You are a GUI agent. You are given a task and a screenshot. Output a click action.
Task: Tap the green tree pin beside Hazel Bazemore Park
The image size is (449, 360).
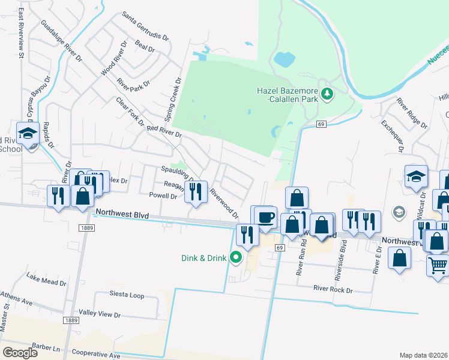pyautogui.click(x=327, y=94)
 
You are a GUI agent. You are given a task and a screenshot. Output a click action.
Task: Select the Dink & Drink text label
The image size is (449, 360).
pyautogui.click(x=204, y=258)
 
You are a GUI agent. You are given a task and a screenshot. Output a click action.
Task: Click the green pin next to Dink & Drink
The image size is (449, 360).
pyautogui.click(x=236, y=258)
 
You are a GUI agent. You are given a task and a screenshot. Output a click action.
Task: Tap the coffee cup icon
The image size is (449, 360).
pyautogui.click(x=265, y=217)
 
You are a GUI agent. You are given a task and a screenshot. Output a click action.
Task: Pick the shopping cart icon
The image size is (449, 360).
pyautogui.click(x=438, y=264)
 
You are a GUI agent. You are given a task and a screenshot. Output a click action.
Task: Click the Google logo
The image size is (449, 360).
pyautogui.click(x=20, y=352)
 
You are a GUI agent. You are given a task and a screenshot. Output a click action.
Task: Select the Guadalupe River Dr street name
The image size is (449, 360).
pyautogui.click(x=61, y=41)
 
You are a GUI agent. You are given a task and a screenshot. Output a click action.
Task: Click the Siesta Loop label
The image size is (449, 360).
pyautogui.click(x=127, y=295)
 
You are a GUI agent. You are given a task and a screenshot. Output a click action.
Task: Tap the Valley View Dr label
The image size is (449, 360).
pyautogui.click(x=100, y=314)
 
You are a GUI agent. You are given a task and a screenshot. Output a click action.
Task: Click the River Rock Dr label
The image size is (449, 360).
pyautogui.click(x=333, y=289)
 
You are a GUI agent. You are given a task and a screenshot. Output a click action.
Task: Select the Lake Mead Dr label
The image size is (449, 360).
pyautogui.click(x=47, y=277)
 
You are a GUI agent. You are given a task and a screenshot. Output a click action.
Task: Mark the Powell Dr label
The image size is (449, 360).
pyautogui.click(x=163, y=196)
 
